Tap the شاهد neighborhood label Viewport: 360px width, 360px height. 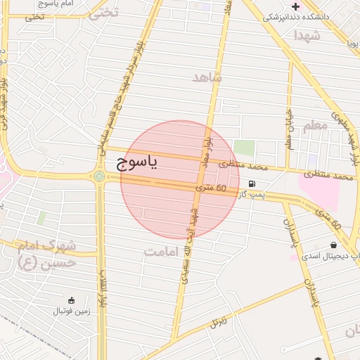[207, 77]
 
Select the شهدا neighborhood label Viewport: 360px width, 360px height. [307, 35]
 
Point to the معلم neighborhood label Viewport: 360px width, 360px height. [315, 126]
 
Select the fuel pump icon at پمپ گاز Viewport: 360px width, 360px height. [252, 184]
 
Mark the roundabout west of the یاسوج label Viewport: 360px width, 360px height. [99, 176]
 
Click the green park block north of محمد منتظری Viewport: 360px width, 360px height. [244, 148]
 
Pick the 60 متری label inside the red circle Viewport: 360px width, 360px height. [212, 188]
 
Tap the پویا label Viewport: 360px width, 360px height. [352, 43]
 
